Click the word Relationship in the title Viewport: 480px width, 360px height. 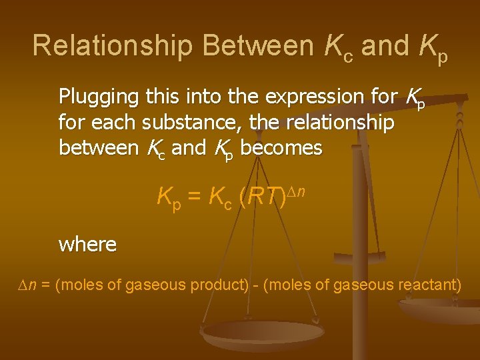(x=113, y=45)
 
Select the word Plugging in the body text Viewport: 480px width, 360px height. (x=97, y=98)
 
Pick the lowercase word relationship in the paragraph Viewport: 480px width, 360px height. (x=339, y=123)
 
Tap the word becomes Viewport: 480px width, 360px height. (x=281, y=147)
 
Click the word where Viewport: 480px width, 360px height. (x=87, y=245)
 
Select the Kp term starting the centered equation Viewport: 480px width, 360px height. (x=167, y=197)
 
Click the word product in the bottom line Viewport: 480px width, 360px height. (x=219, y=285)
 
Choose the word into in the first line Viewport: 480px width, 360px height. (x=200, y=97)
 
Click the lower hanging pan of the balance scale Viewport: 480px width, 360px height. (x=263, y=333)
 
